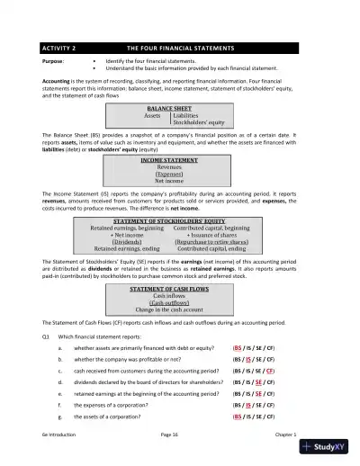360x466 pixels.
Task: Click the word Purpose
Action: pyautogui.click(x=53, y=62)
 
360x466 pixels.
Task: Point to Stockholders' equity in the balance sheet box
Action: pyautogui.click(x=199, y=122)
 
